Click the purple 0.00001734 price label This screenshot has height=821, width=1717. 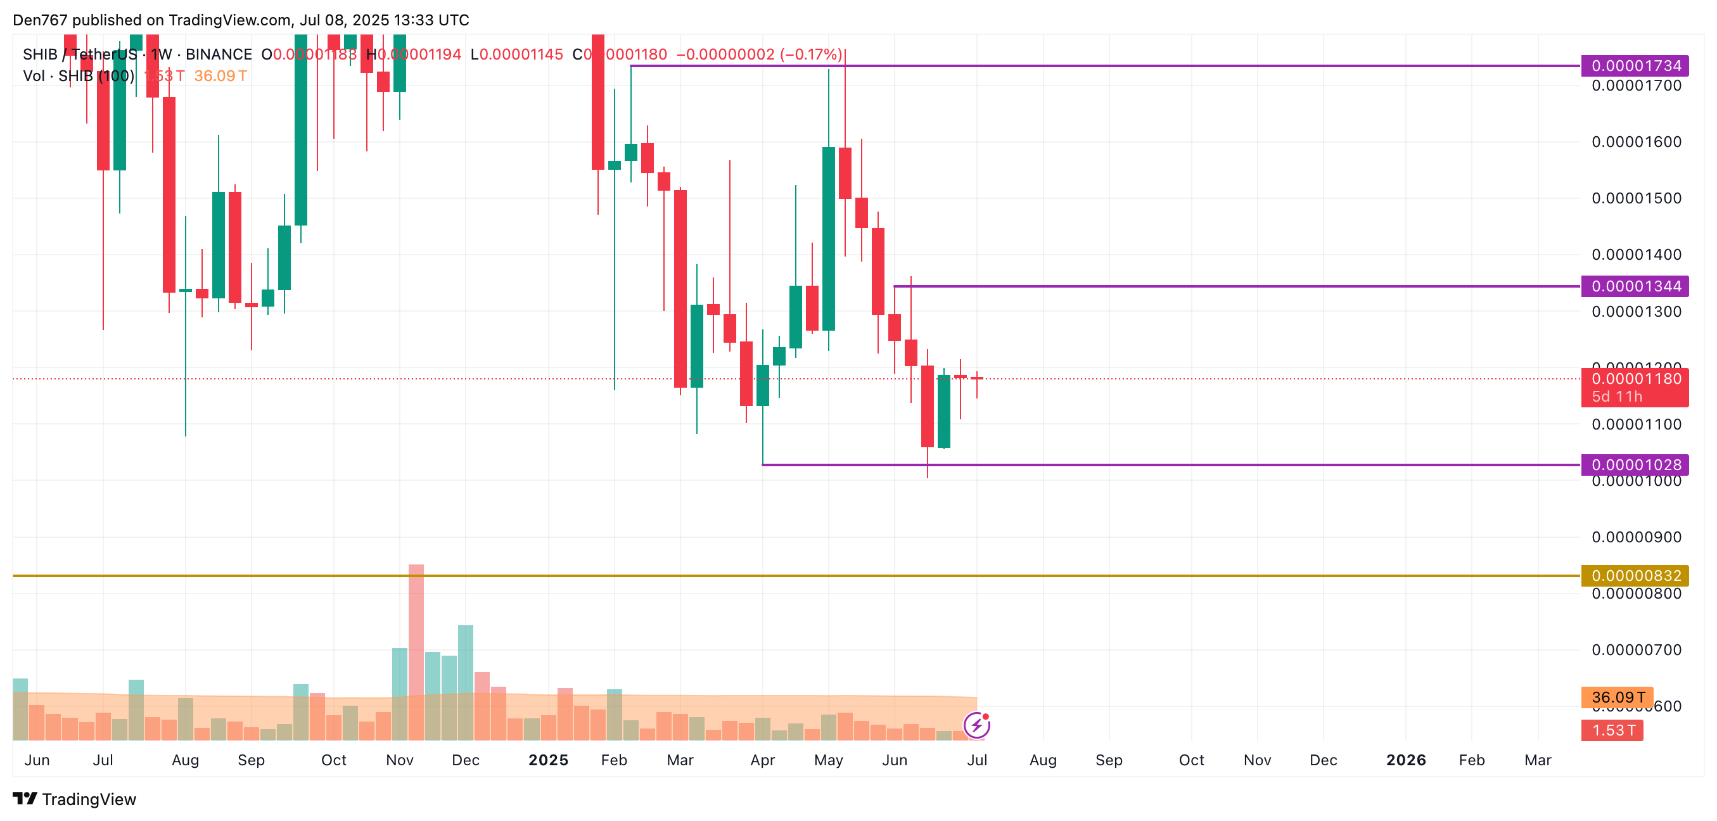click(1635, 65)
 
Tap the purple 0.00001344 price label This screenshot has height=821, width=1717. click(1635, 286)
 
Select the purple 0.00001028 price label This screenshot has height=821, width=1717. click(1635, 464)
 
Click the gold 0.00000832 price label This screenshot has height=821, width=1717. click(1635, 575)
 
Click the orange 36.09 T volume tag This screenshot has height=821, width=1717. click(1617, 697)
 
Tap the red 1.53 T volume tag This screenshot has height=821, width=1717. click(1612, 730)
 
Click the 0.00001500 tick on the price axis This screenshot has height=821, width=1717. click(1636, 198)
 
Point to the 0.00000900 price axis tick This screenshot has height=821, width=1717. click(1636, 537)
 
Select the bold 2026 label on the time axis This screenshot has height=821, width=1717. click(1406, 760)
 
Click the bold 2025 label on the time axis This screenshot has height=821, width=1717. click(548, 760)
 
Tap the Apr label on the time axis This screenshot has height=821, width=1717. click(763, 760)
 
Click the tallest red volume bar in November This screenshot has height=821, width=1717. click(416, 653)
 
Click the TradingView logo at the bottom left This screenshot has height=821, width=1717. click(75, 799)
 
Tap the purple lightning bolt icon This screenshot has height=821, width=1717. click(976, 725)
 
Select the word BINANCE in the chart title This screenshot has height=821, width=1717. click(219, 54)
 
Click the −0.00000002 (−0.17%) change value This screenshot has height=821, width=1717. click(759, 54)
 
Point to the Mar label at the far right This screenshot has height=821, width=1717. click(1538, 760)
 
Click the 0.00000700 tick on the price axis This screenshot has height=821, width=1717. click(1636, 650)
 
